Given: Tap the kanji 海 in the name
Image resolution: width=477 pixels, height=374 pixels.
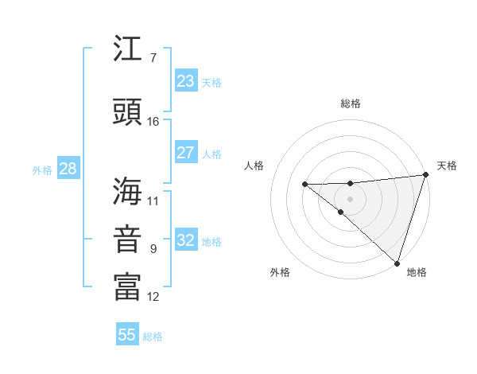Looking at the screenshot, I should (127, 191).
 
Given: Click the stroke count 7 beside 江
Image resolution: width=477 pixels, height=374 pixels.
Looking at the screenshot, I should (153, 58).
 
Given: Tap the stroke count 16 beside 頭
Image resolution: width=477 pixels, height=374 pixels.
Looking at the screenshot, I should (153, 121).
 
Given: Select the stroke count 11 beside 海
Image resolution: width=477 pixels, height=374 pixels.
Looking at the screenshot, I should (153, 201).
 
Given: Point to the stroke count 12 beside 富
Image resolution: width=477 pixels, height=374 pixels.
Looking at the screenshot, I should (153, 297).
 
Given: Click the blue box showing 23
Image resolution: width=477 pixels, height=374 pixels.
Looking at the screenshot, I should (185, 81).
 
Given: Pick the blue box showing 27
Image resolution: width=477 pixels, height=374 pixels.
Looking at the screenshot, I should (185, 153).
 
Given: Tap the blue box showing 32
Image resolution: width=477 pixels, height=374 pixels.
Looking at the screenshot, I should (185, 240).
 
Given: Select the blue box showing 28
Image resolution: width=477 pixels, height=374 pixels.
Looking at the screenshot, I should (67, 169).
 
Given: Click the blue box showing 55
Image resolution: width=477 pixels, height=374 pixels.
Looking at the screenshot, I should (127, 335).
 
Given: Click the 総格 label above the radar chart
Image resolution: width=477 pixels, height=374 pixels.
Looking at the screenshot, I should (350, 103).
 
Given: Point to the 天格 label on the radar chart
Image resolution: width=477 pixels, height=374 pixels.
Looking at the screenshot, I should (447, 166).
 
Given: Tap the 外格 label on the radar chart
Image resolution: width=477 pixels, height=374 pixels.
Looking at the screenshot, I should (280, 272).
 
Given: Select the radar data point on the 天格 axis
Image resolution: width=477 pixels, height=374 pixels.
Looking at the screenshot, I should (425, 175).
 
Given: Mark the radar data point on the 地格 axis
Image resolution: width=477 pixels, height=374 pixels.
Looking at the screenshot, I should (397, 263).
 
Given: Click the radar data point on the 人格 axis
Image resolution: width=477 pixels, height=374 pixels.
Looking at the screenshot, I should (304, 185).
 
